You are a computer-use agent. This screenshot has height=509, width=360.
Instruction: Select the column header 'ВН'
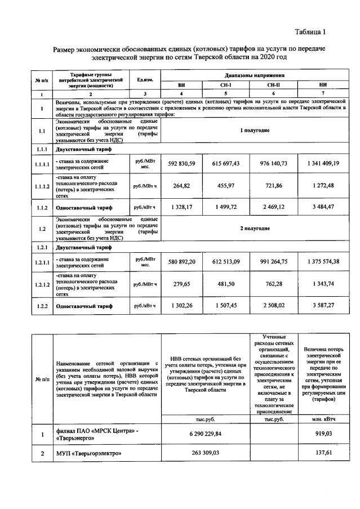[x=181, y=84]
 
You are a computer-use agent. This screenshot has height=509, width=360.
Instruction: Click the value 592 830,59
[x=181, y=163]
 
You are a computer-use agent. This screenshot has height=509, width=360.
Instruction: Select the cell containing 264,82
[x=181, y=186]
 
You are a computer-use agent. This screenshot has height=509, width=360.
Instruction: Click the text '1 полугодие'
[x=255, y=130]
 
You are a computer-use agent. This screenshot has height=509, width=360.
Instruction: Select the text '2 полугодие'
[x=255, y=228]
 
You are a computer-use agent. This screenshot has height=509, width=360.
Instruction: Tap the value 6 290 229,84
[x=204, y=435]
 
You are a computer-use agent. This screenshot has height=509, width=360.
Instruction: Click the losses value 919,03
[x=323, y=435]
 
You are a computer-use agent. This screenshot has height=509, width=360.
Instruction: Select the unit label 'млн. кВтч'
[x=323, y=419]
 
